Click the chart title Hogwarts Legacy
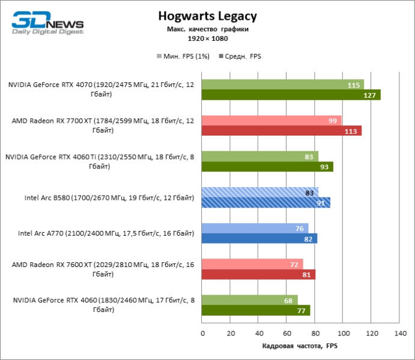[207, 16]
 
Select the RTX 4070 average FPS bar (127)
[291, 95]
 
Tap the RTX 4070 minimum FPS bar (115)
[282, 85]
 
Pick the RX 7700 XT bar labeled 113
[281, 131]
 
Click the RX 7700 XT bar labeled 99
[271, 121]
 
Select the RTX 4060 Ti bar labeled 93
[267, 167]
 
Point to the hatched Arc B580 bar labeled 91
[265, 202]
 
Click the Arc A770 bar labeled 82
[259, 238]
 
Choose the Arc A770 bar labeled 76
[255, 228]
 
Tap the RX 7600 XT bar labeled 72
[252, 264]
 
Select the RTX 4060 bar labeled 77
[256, 310]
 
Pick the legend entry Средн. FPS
[243, 56]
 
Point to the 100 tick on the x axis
[342, 333]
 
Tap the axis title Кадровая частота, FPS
[300, 346]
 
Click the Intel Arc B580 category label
[109, 197]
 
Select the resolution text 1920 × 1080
[207, 38]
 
